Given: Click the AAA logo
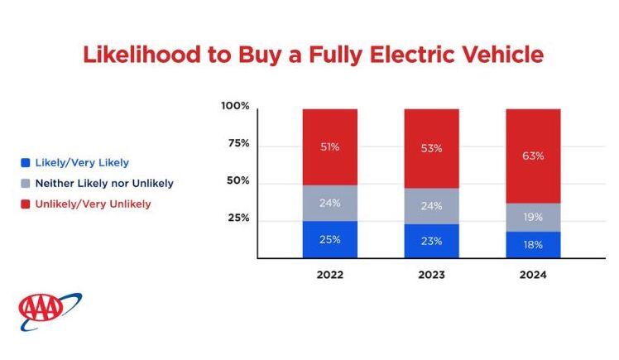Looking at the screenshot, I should pos(50,311).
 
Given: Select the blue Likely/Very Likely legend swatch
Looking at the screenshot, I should pos(26,163).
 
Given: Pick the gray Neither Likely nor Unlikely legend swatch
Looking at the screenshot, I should pos(26,184).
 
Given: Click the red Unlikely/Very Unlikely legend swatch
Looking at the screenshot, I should pos(26,204).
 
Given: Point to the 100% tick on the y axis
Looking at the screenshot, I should pos(235,106).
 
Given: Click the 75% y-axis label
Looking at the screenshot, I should pos(238,143).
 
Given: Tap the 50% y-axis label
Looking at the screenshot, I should pos(238,180).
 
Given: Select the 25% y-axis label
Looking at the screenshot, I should pos(238,218).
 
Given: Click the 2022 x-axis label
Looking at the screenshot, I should pos(329,275).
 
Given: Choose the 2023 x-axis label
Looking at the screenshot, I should pos(431,275).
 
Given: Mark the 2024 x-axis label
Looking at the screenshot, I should pos(533,275).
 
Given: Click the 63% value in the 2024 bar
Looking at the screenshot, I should pos(533,156).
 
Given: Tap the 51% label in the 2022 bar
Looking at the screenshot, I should pos(329,147).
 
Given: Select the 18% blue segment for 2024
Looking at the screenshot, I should pos(533,245).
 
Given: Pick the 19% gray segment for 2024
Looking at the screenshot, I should pos(533,217).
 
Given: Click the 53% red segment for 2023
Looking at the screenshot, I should pos(431,149).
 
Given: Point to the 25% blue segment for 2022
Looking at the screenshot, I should pos(329,239).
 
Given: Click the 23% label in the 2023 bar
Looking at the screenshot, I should pos(431,241).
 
